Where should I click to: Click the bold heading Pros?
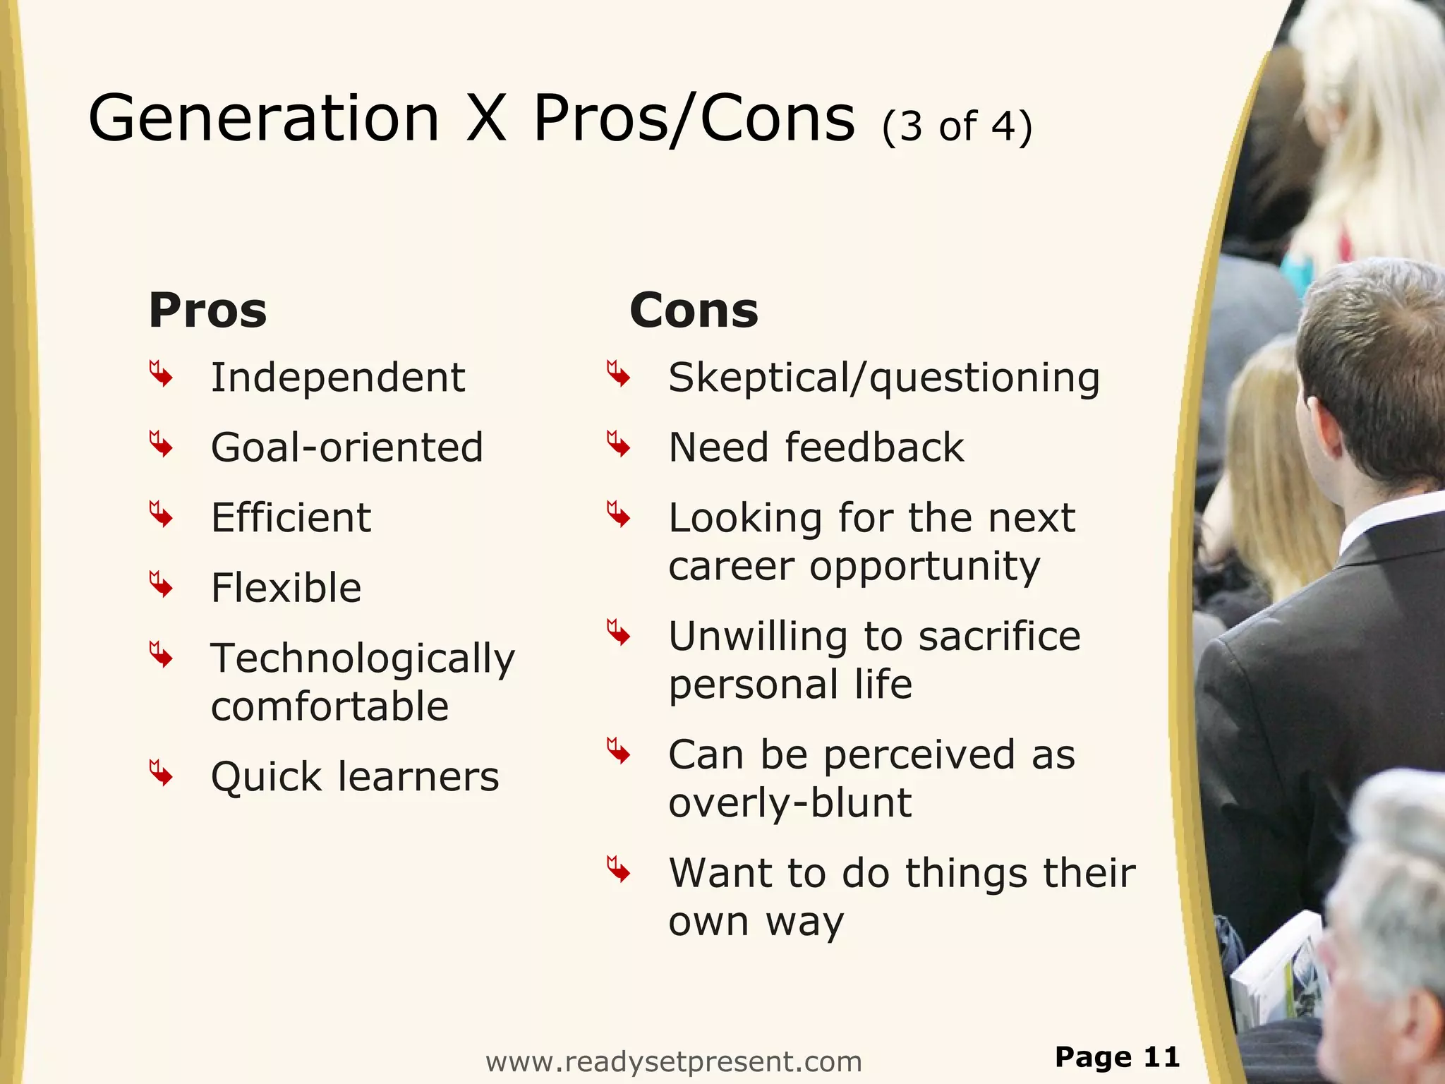[207, 311]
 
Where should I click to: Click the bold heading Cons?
[694, 311]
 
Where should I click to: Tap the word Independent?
[338, 378]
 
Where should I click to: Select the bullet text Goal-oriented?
[347, 447]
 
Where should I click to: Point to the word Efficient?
[291, 518]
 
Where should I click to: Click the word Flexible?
[286, 588]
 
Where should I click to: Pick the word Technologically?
[363, 659]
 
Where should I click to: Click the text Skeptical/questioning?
[883, 378]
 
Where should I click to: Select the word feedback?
[874, 447]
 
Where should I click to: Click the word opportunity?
[924, 567]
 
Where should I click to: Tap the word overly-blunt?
[790, 803]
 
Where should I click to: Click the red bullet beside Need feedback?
[618, 445]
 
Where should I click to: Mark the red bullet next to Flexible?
[161, 585]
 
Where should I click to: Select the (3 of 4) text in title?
[957, 127]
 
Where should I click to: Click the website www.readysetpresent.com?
[674, 1061]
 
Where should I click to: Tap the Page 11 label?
[1117, 1057]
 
